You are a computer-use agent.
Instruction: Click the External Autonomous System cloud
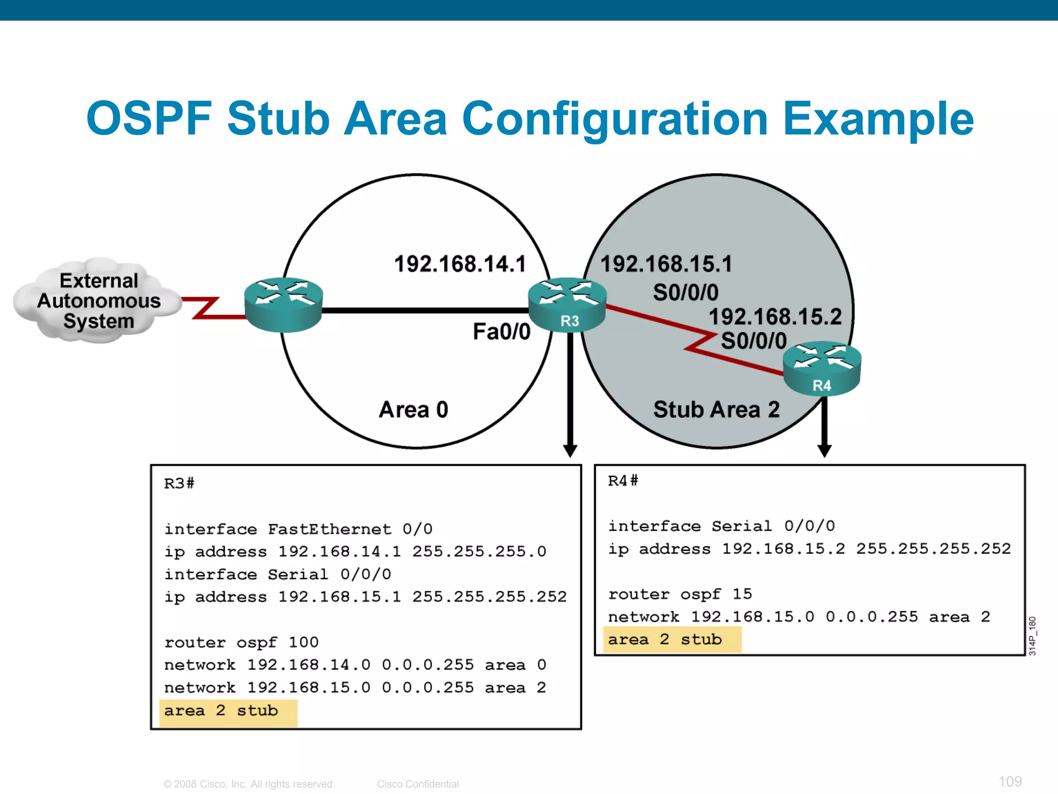[98, 301]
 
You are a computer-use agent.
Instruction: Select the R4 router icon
[822, 368]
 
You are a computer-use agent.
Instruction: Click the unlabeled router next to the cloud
[283, 305]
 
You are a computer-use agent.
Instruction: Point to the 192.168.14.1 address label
[460, 264]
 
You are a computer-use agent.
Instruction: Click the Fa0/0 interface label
[501, 332]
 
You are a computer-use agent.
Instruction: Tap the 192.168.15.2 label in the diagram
[775, 317]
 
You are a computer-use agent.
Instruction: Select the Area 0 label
[413, 409]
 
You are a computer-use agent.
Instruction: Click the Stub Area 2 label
[716, 409]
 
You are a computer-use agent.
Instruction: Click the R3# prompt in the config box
[179, 483]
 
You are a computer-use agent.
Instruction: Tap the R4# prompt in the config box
[623, 481]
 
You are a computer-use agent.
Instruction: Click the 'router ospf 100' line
[241, 643]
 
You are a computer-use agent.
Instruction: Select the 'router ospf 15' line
[679, 594]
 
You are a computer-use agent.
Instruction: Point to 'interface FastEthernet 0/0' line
[298, 529]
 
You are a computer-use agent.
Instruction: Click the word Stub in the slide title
[278, 119]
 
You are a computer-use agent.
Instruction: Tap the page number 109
[1009, 781]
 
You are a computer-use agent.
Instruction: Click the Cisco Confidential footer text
[417, 784]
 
